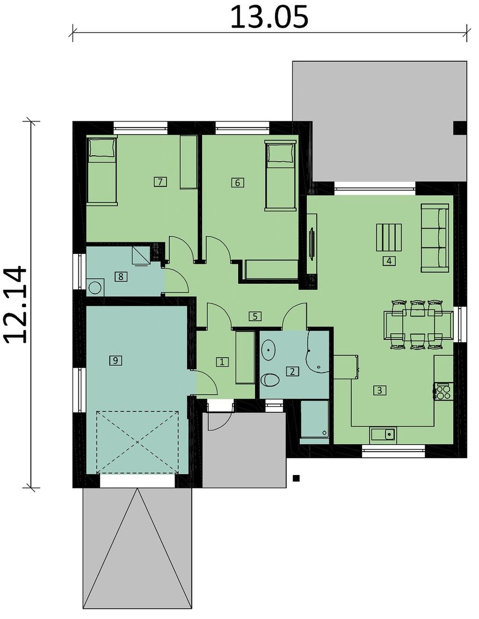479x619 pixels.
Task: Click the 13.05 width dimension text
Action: pyautogui.click(x=269, y=17)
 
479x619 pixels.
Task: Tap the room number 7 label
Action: pyautogui.click(x=160, y=181)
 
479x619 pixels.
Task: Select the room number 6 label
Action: pyautogui.click(x=237, y=182)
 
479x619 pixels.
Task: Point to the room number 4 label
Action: pyautogui.click(x=389, y=261)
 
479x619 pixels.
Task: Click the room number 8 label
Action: pyautogui.click(x=121, y=276)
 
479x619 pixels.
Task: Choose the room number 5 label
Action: pyautogui.click(x=255, y=316)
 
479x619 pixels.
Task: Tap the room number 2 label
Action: pyautogui.click(x=292, y=372)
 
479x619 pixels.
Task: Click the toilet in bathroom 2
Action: pyautogui.click(x=270, y=380)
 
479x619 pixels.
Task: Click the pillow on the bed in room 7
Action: pyautogui.click(x=102, y=148)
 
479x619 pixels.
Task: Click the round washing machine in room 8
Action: pyautogui.click(x=94, y=288)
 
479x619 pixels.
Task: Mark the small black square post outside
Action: pyautogui.click(x=297, y=478)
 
